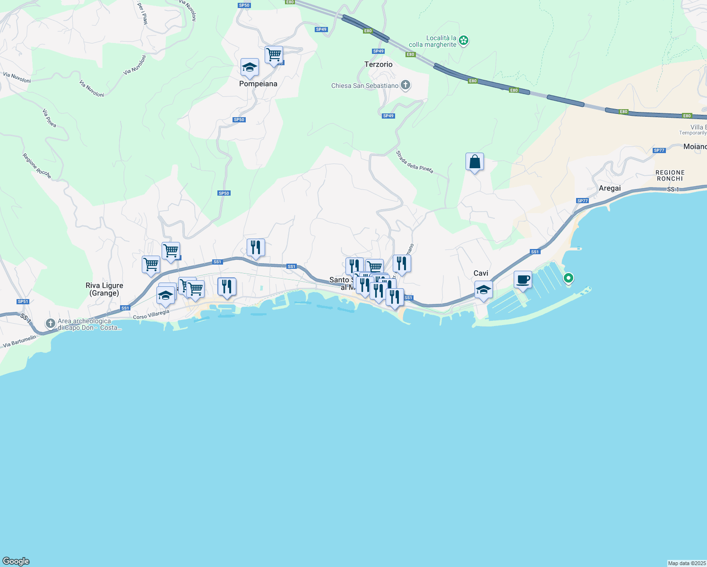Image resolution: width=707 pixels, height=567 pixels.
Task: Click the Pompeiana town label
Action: click(x=258, y=84)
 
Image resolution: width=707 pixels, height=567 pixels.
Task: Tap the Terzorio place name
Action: click(x=378, y=64)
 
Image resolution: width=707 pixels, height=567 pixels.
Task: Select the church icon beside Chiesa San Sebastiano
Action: click(x=405, y=86)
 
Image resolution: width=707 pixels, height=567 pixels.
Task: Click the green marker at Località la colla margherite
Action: click(x=464, y=41)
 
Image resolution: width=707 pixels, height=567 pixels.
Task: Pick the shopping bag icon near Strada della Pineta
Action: click(x=474, y=162)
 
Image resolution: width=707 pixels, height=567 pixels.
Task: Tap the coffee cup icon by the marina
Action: click(x=523, y=280)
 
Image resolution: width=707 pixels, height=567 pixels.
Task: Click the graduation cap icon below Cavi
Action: click(x=483, y=290)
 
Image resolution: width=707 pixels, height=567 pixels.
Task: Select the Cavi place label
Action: click(x=481, y=273)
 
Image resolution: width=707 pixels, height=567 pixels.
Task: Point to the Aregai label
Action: click(x=610, y=188)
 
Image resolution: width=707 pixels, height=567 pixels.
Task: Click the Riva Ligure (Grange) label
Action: click(x=104, y=289)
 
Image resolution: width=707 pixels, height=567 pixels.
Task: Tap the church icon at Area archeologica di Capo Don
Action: click(x=51, y=324)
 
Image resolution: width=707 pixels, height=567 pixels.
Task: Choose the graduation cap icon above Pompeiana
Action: click(x=250, y=68)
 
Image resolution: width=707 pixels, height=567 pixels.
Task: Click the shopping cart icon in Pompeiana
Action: click(x=274, y=55)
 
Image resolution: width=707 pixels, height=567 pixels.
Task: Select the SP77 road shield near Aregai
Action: click(x=582, y=201)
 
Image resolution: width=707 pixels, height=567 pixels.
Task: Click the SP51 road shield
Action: click(x=23, y=301)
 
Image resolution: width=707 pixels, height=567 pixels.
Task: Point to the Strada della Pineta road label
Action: click(x=414, y=162)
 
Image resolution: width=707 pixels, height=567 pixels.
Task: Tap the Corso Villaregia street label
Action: click(x=151, y=315)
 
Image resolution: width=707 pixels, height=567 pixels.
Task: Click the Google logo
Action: click(x=16, y=561)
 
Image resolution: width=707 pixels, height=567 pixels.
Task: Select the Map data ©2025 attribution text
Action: click(x=687, y=563)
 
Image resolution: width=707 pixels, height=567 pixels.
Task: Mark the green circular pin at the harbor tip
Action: click(x=569, y=278)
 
